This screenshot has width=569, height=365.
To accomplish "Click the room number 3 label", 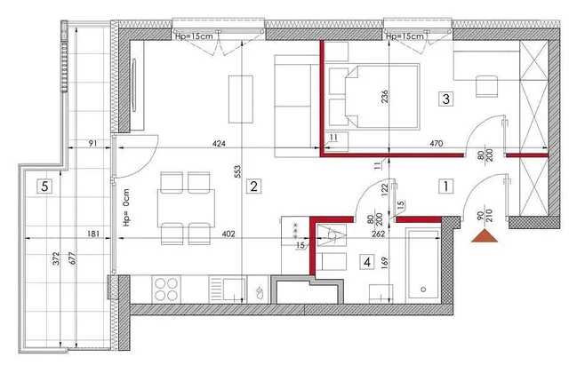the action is [446, 99].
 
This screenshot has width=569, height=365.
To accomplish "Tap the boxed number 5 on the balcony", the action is [44, 186].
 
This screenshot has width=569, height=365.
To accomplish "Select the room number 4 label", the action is [367, 261].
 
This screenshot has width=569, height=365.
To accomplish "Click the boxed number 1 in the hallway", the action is [445, 186].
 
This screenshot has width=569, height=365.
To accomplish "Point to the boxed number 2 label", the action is [253, 186].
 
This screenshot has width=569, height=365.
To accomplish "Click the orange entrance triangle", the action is [485, 235].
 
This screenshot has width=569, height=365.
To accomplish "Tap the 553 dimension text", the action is [237, 171].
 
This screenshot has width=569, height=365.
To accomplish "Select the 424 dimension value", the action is [219, 144].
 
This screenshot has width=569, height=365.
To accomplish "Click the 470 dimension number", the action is [437, 144].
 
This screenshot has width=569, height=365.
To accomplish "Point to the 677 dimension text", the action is [72, 258].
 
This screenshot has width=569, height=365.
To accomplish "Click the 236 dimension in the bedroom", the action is [385, 96].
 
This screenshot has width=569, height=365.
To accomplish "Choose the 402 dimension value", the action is [228, 234].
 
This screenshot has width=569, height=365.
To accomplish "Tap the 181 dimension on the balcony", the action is [93, 234].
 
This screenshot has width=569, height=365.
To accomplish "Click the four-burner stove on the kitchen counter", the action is [166, 290].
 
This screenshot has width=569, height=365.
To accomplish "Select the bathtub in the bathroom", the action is [423, 266].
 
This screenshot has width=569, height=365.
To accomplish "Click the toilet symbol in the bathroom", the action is [332, 235].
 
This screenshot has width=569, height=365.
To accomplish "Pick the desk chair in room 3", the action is [486, 86].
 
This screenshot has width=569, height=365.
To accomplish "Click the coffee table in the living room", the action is [241, 99].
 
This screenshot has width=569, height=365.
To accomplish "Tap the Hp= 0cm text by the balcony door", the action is [126, 208].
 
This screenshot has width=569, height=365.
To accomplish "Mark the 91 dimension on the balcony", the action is [92, 143].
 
